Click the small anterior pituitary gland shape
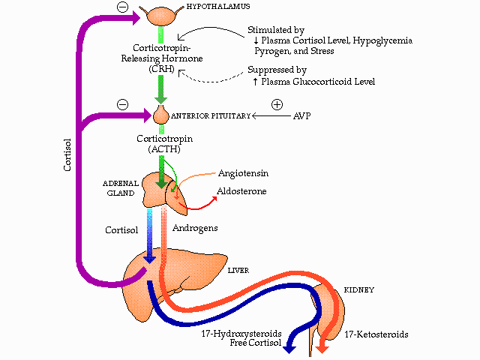tap(160, 115)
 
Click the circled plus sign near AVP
tap(277, 104)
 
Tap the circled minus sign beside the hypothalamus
tap(122, 7)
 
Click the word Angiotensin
tap(243, 173)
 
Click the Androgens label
tap(195, 227)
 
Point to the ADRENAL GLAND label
tap(118, 187)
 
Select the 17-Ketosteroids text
tap(376, 334)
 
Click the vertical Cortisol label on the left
tap(67, 153)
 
